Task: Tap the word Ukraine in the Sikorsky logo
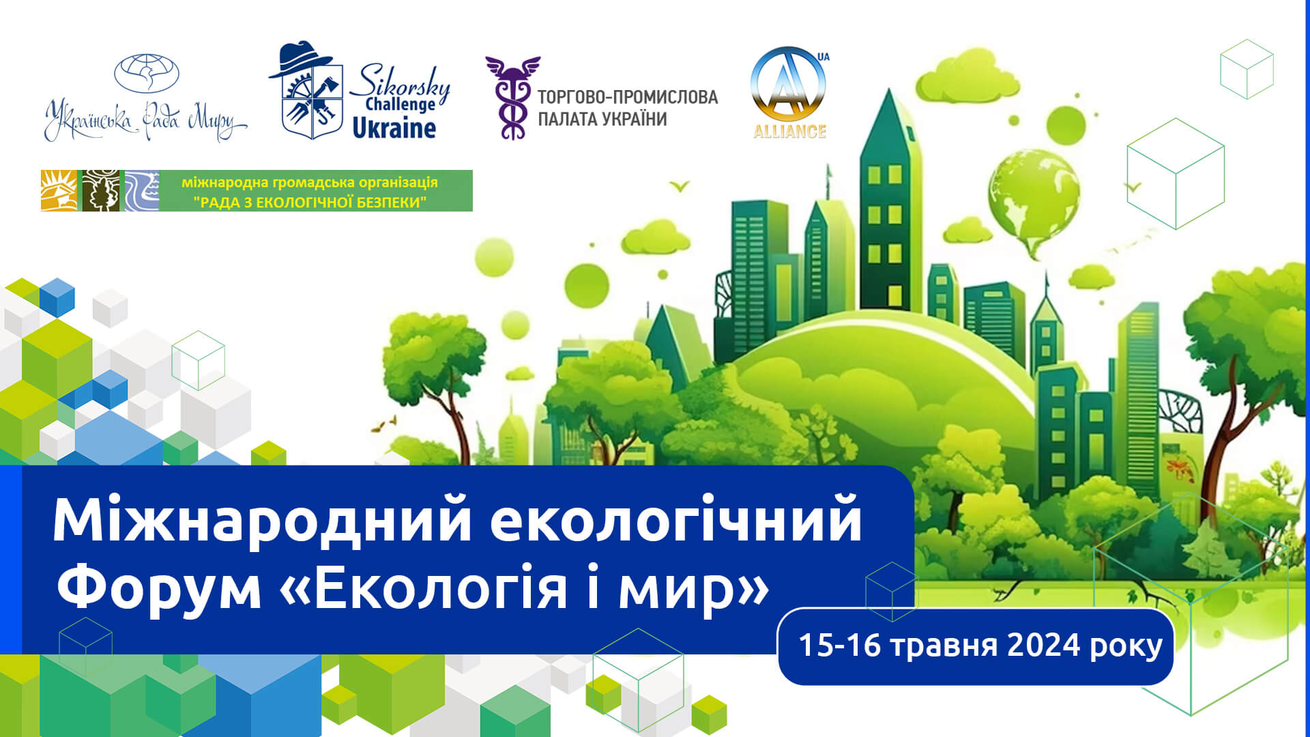click(394, 128)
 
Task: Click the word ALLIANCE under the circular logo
click(789, 131)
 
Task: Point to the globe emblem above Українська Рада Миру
click(146, 74)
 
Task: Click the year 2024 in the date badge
click(1044, 646)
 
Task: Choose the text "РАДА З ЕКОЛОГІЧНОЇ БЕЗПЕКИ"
click(310, 202)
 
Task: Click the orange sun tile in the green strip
click(60, 190)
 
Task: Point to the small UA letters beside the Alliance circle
click(824, 57)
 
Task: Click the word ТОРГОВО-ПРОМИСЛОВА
click(628, 97)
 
